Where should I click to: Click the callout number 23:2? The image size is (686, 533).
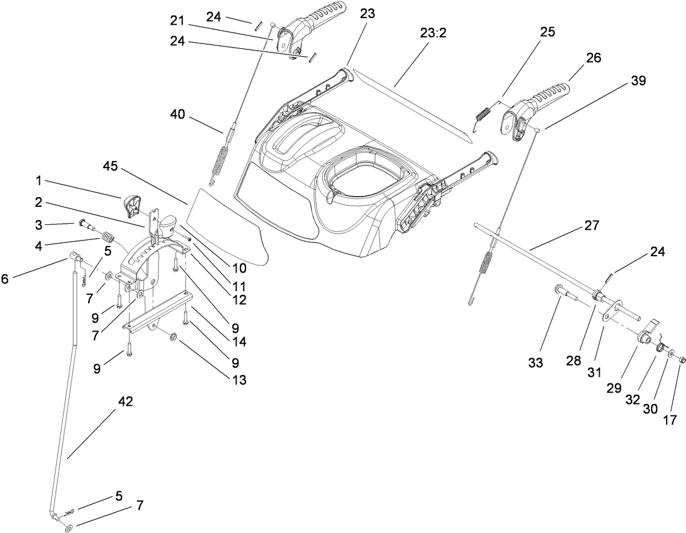pos(433,33)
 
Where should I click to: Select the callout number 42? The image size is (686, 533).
pos(125,400)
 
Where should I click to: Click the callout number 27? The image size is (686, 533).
pos(592,225)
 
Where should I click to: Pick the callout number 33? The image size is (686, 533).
pos(536,364)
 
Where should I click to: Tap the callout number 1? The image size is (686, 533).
pos(39,181)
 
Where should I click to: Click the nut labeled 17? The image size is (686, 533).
pos(681,360)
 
